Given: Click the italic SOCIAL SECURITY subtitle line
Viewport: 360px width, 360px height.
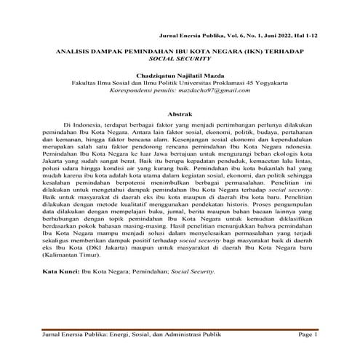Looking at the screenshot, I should click(180, 61).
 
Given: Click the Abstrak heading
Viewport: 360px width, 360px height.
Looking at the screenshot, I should click(180, 115).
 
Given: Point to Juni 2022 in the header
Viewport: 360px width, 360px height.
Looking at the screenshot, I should click(276, 35).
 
